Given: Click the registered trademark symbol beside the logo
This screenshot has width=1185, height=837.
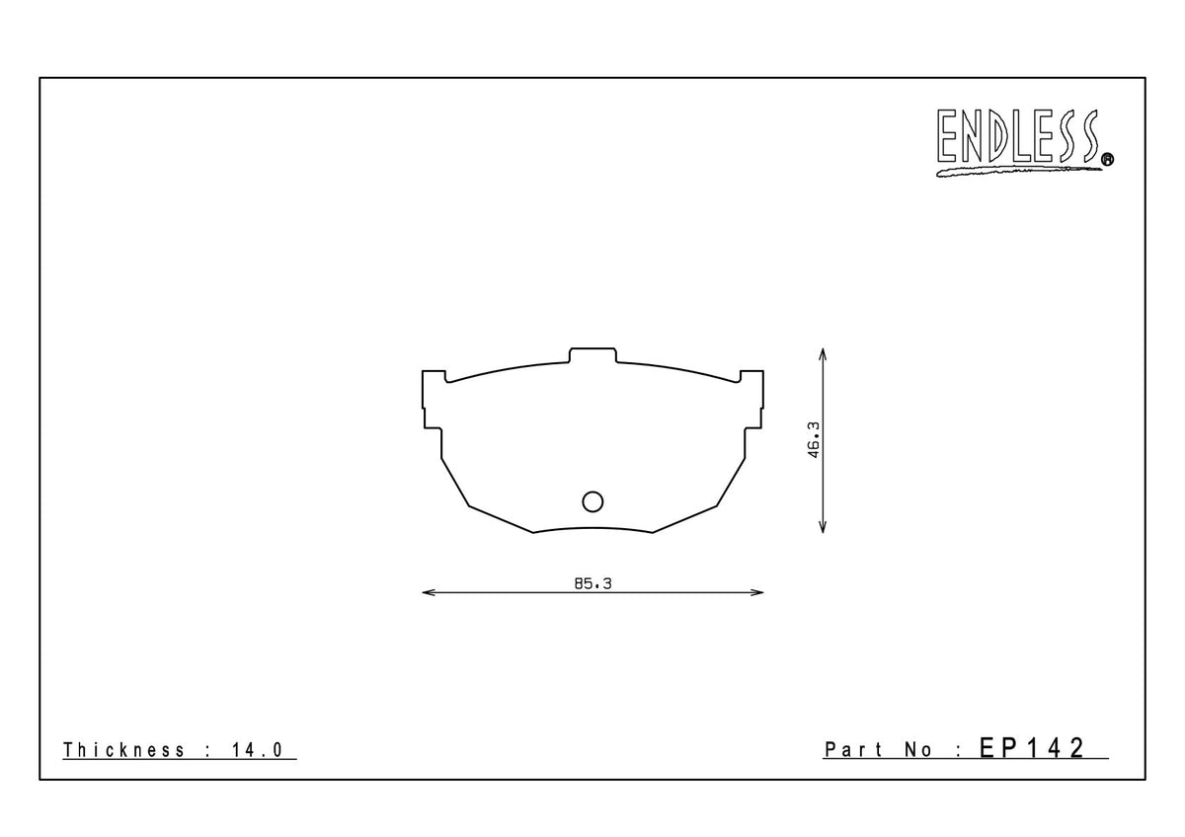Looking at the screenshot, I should pyautogui.click(x=1106, y=158).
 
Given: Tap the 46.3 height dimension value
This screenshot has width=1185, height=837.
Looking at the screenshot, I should pyautogui.click(x=815, y=440).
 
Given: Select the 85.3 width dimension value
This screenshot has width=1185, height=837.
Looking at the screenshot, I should pyautogui.click(x=593, y=584).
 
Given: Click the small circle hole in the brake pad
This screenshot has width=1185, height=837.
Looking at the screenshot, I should pyautogui.click(x=592, y=501).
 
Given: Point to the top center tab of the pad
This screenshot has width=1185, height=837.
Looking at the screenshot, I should pyautogui.click(x=592, y=355).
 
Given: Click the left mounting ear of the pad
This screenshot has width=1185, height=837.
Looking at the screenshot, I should pyautogui.click(x=433, y=400).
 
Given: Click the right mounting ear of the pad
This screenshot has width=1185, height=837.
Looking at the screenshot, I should pyautogui.click(x=752, y=400).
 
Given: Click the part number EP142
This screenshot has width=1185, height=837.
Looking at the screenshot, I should pyautogui.click(x=1033, y=748).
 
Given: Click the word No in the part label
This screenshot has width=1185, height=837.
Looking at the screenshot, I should pyautogui.click(x=917, y=750).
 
